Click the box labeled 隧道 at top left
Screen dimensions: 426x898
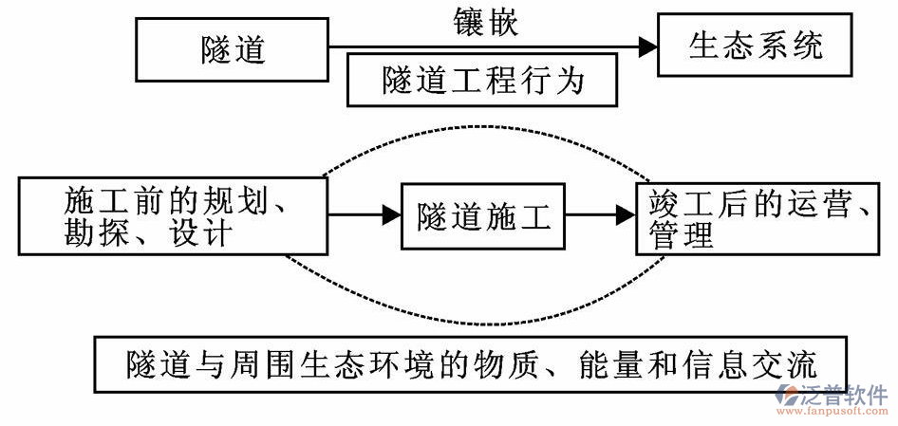tap(233, 49)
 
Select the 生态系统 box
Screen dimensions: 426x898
tap(755, 46)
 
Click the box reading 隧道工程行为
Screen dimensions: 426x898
tap(483, 81)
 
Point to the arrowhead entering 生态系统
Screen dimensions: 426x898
tap(647, 46)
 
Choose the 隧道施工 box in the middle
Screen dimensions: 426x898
tap(482, 217)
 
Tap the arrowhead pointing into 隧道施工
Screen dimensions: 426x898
tap(391, 215)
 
